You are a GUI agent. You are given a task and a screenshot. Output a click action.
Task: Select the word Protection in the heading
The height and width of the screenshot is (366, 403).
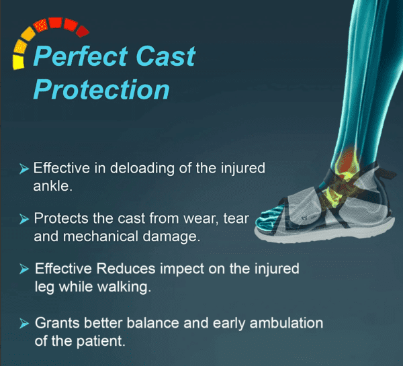[x=101, y=89]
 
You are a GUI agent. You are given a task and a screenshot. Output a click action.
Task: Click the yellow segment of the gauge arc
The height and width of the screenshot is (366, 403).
[x=17, y=60]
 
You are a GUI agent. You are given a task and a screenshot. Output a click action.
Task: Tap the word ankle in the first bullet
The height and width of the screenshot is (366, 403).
[x=52, y=185]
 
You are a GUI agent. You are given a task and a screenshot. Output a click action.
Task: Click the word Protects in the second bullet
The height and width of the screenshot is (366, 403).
[x=58, y=218]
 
